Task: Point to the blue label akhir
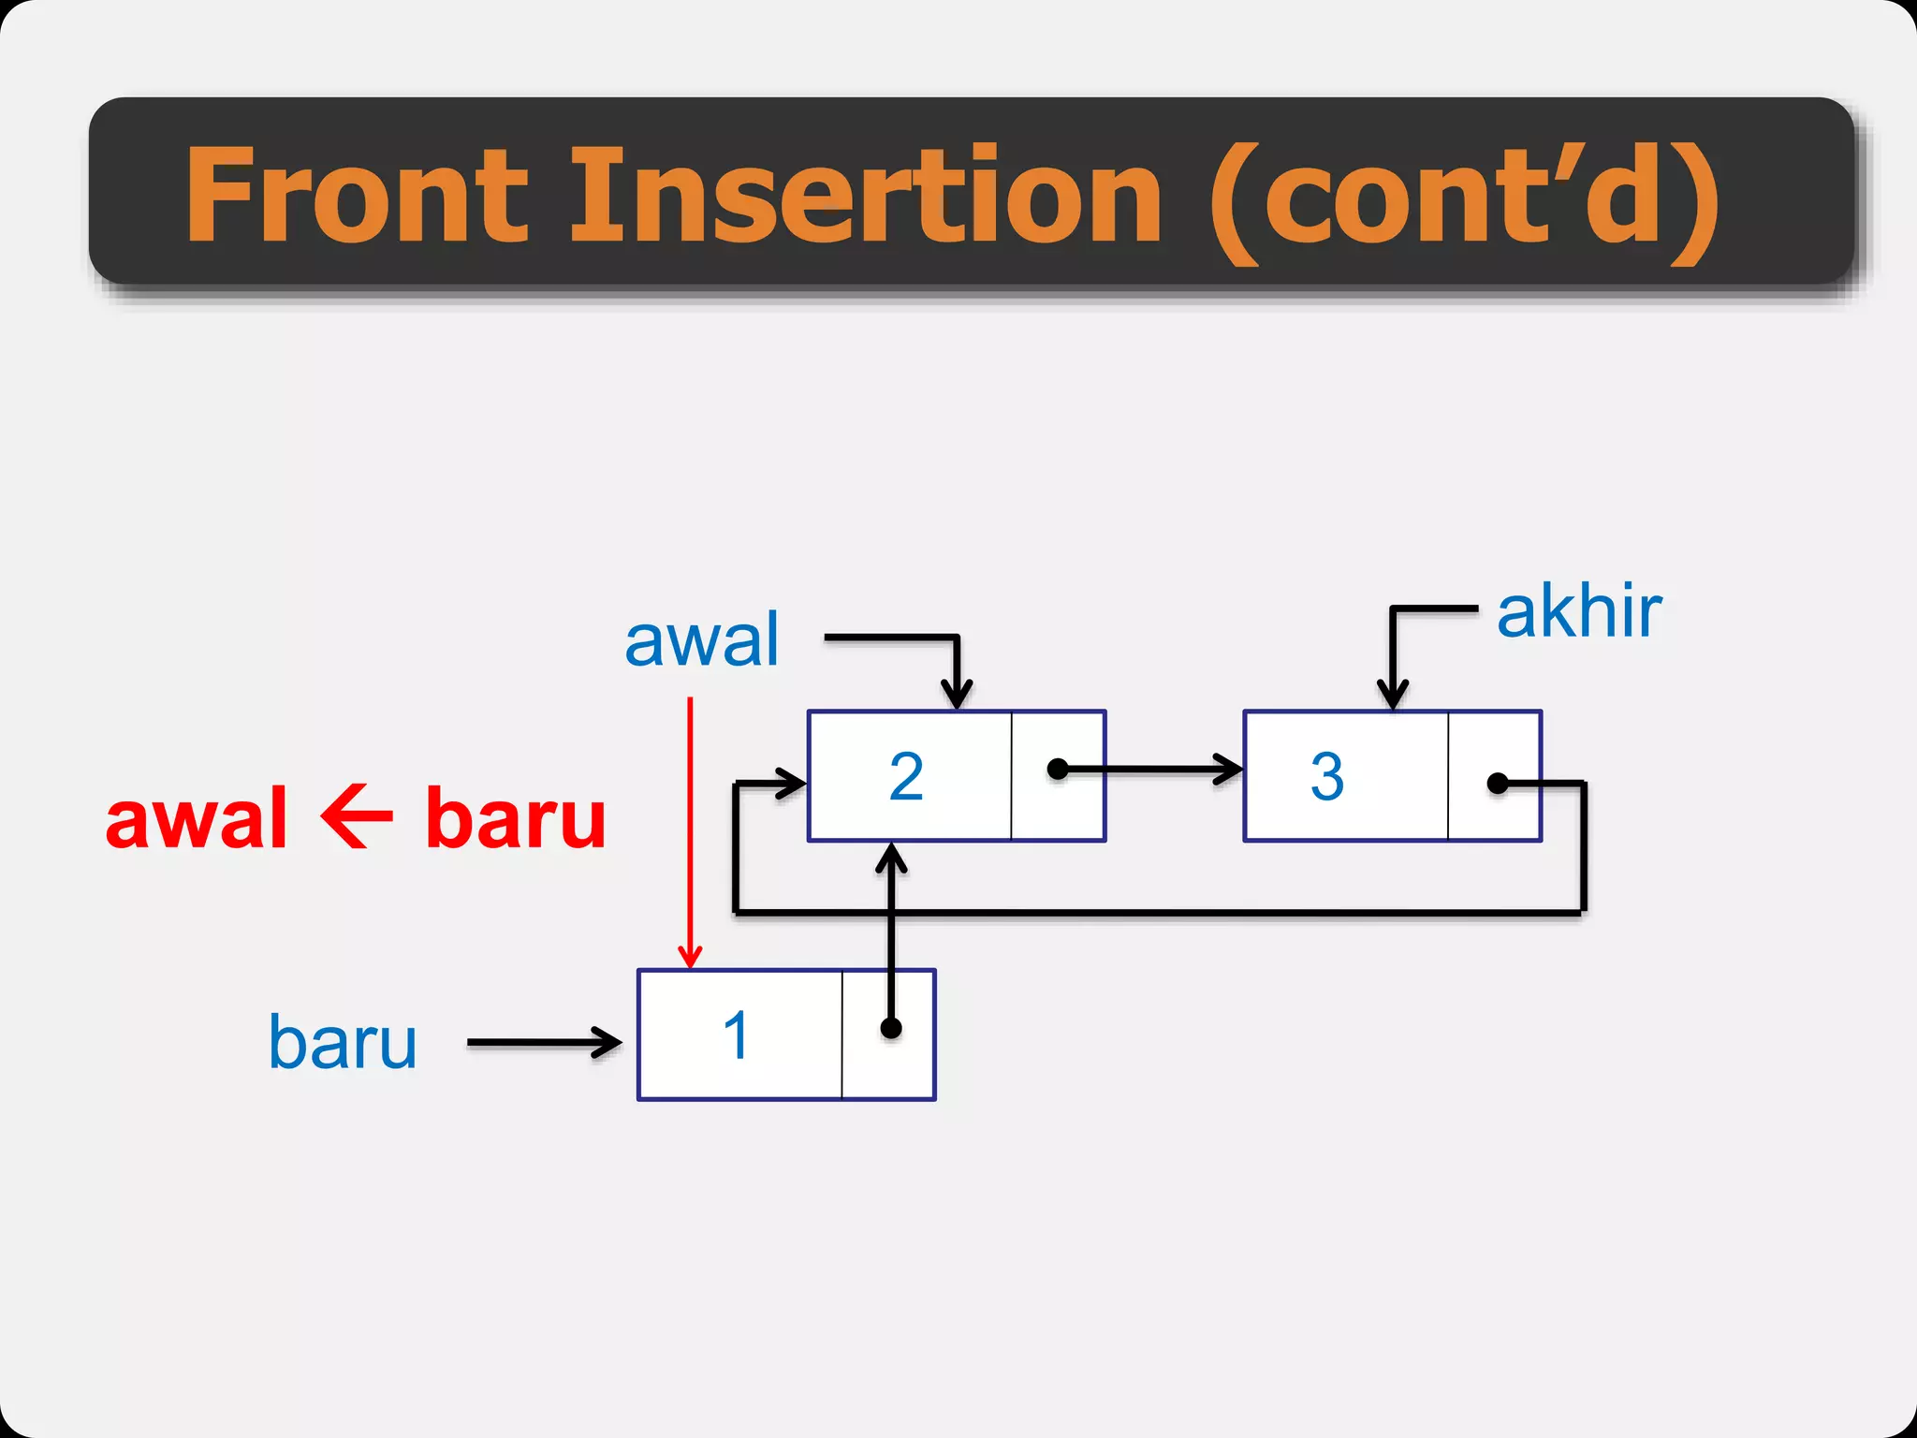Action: pos(1579,612)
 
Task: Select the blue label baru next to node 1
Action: pos(343,1042)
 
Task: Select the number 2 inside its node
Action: pos(906,776)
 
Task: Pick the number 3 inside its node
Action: pos(1327,776)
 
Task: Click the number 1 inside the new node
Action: pos(737,1035)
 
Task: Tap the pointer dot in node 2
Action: pos(1058,770)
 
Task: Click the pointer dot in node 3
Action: pos(1498,783)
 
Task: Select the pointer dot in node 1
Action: pos(891,1029)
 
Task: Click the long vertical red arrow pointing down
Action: pos(691,833)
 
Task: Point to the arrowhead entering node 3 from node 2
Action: pos(1228,770)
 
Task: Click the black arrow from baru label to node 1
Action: pos(543,1042)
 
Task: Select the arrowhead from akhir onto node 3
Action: pos(1393,696)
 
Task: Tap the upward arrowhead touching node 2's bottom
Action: pos(891,857)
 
